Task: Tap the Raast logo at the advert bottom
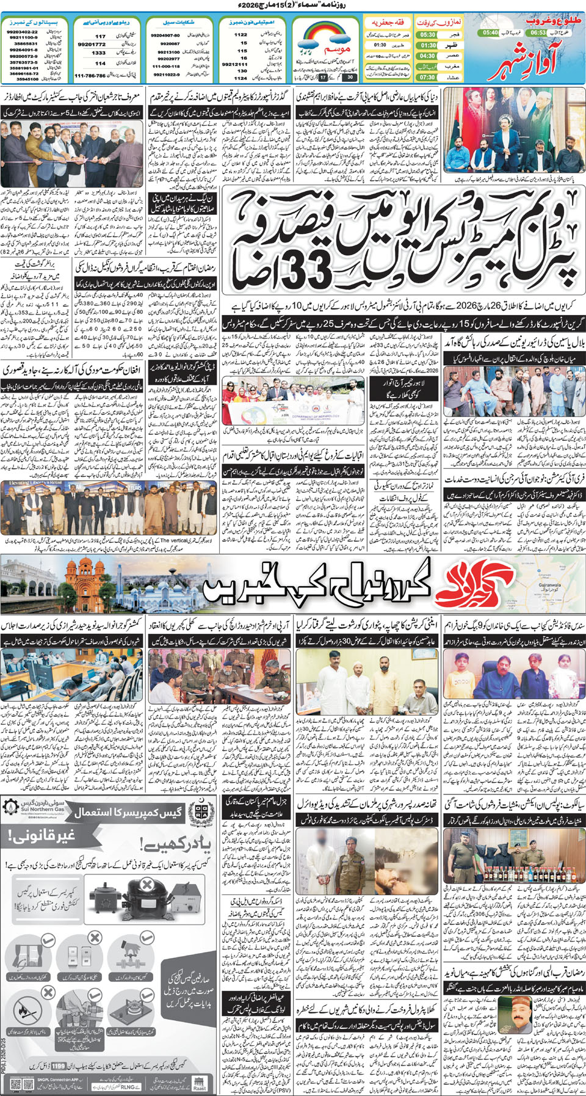pyautogui.click(x=199, y=1083)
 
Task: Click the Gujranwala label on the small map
pyautogui.click(x=549, y=585)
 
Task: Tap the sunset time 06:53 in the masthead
pyautogui.click(x=538, y=32)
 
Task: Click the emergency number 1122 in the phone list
pyautogui.click(x=241, y=35)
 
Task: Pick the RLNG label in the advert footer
pyautogui.click(x=128, y=1086)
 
